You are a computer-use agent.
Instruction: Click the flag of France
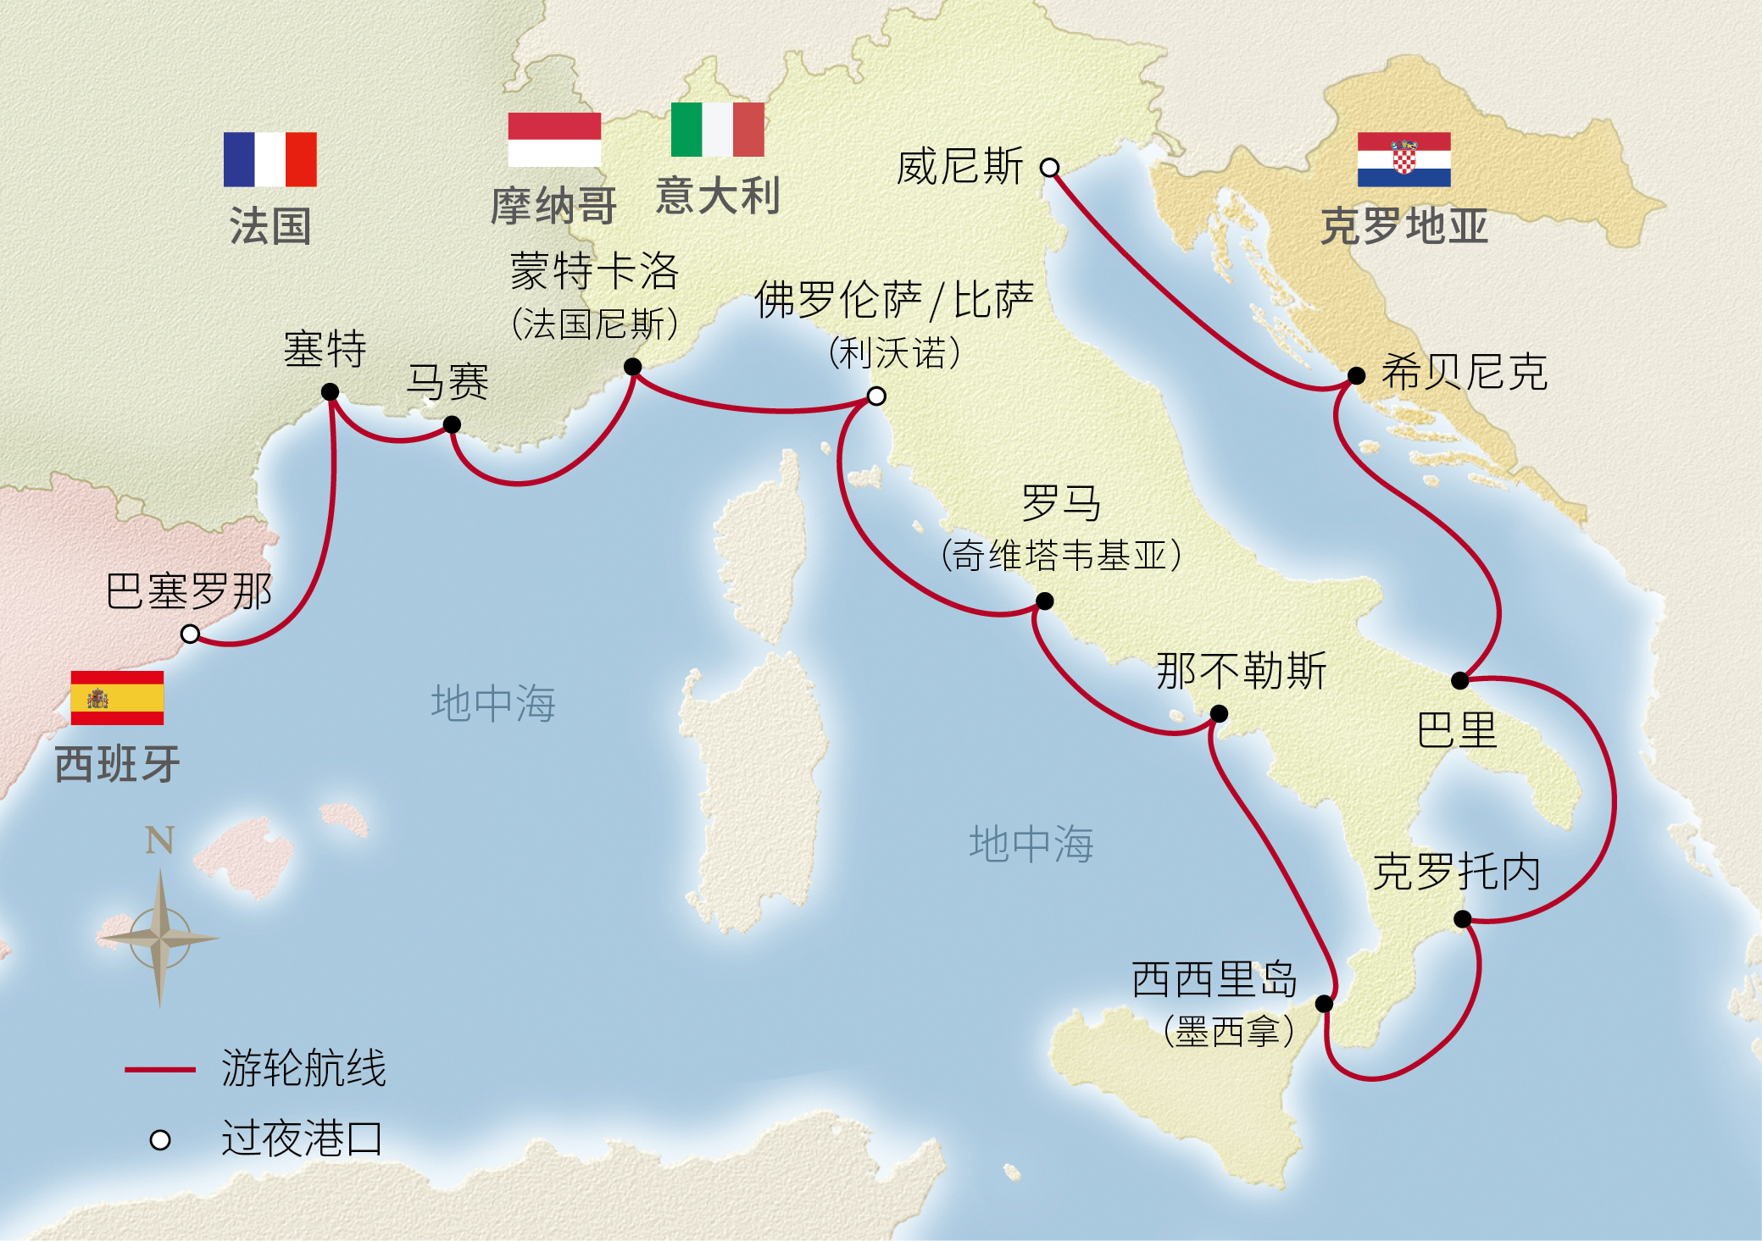270,159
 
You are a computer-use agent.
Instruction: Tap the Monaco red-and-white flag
554,139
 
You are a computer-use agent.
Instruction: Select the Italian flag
717,130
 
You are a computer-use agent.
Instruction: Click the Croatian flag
1403,159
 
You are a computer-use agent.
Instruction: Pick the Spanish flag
117,697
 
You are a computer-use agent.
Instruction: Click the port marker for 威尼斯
1049,168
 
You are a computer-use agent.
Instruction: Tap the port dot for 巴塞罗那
191,634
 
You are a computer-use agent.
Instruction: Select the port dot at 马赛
452,424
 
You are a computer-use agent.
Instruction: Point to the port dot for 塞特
330,391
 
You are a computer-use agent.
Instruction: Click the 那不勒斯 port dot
1219,713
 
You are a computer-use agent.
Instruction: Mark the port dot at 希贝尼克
1356,375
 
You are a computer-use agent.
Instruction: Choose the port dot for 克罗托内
1462,919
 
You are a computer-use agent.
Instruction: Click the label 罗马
1061,503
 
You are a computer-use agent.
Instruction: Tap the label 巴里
1457,730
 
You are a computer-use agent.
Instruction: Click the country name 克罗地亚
1404,226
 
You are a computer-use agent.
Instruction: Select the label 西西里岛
1215,980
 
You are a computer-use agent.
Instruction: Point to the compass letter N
159,840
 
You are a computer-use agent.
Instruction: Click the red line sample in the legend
160,1070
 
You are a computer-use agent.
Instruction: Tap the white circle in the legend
160,1140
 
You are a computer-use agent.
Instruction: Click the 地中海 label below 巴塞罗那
493,704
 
